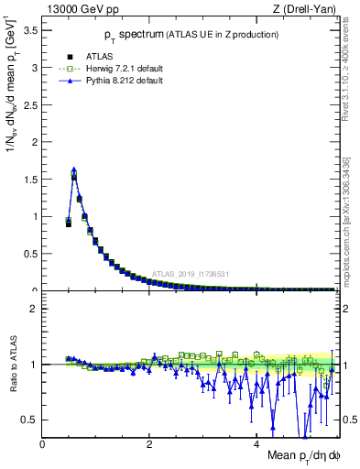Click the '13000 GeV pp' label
click(x=81, y=9)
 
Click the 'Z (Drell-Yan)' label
click(x=302, y=9)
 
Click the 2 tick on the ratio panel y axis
click(x=35, y=309)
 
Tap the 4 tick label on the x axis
click(x=257, y=444)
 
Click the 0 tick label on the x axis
click(x=43, y=444)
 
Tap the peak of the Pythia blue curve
click(x=74, y=169)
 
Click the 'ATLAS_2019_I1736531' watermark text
click(x=191, y=273)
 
